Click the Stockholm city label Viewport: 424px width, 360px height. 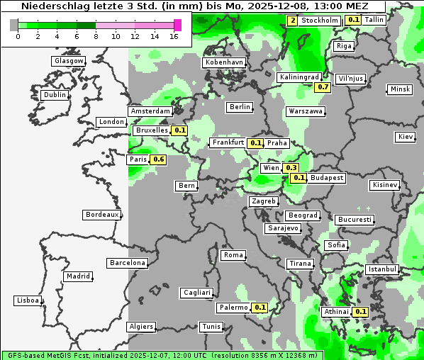click(x=319, y=20)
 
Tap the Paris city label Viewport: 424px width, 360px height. click(x=138, y=159)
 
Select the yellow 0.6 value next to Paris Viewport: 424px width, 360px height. click(x=159, y=159)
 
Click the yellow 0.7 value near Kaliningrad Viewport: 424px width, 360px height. click(x=323, y=86)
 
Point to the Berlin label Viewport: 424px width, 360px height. click(x=240, y=107)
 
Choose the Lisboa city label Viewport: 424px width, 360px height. click(x=28, y=300)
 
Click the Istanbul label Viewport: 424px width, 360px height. click(x=382, y=269)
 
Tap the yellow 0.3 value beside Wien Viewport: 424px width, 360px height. click(x=291, y=168)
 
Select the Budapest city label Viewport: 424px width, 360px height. click(x=327, y=177)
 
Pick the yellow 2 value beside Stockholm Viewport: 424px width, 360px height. click(x=293, y=20)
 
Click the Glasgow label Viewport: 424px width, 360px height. click(x=68, y=61)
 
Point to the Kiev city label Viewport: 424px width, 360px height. click(x=406, y=136)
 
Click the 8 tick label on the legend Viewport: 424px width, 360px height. click(x=96, y=36)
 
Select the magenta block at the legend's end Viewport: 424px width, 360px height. click(x=177, y=25)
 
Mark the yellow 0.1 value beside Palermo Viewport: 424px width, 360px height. click(x=260, y=308)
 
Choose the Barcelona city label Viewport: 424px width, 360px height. click(x=128, y=263)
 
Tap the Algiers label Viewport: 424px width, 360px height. click(x=140, y=327)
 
